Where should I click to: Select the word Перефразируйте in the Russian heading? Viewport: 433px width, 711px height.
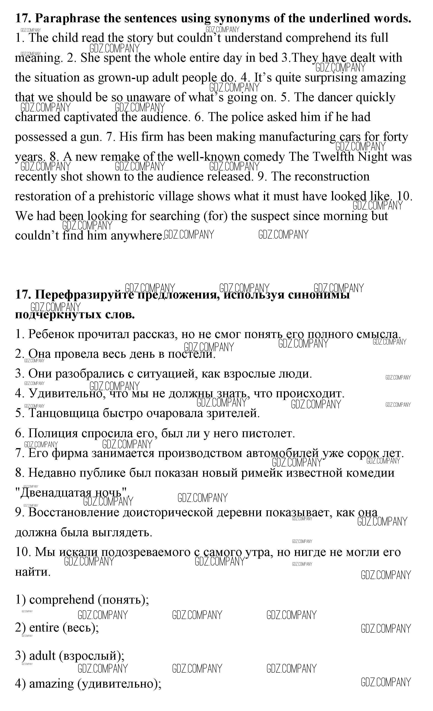(84, 295)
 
